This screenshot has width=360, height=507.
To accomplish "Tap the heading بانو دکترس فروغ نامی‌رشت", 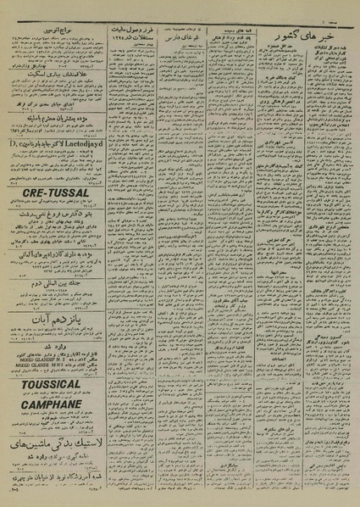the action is point(53,215).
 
